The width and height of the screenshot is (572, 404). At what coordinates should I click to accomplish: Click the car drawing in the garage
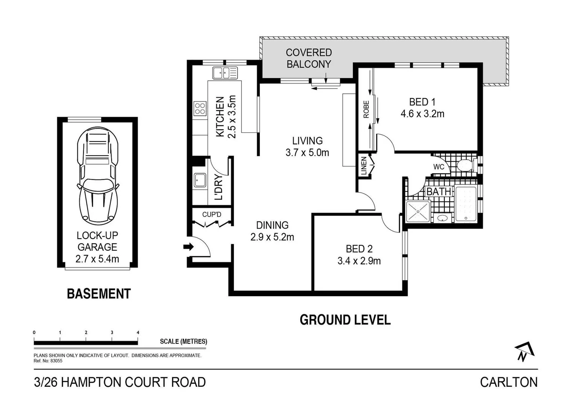[98, 176]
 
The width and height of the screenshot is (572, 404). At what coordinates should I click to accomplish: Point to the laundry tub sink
[200, 180]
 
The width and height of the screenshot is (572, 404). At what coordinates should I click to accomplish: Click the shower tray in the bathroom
[418, 211]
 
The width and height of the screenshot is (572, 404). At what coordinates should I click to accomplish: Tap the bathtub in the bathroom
[466, 204]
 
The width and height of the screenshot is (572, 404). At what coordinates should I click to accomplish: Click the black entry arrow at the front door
[188, 247]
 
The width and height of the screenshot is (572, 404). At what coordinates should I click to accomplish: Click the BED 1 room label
[422, 102]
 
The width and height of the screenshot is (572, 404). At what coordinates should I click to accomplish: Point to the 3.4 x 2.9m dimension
[359, 261]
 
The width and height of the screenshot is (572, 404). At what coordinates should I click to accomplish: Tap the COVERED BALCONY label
[309, 58]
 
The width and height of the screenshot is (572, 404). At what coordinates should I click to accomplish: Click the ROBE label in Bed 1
[366, 109]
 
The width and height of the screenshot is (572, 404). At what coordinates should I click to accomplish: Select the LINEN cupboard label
[364, 166]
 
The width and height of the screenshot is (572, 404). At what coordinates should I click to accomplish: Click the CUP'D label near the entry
[212, 214]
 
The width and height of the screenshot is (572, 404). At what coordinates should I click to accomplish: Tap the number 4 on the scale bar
[138, 333]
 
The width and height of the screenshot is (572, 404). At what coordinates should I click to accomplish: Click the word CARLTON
[509, 382]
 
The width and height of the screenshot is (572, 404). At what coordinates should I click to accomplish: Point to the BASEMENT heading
[99, 294]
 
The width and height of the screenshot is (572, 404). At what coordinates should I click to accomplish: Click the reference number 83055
[57, 361]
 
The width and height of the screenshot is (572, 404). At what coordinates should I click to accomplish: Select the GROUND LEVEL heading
[345, 320]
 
